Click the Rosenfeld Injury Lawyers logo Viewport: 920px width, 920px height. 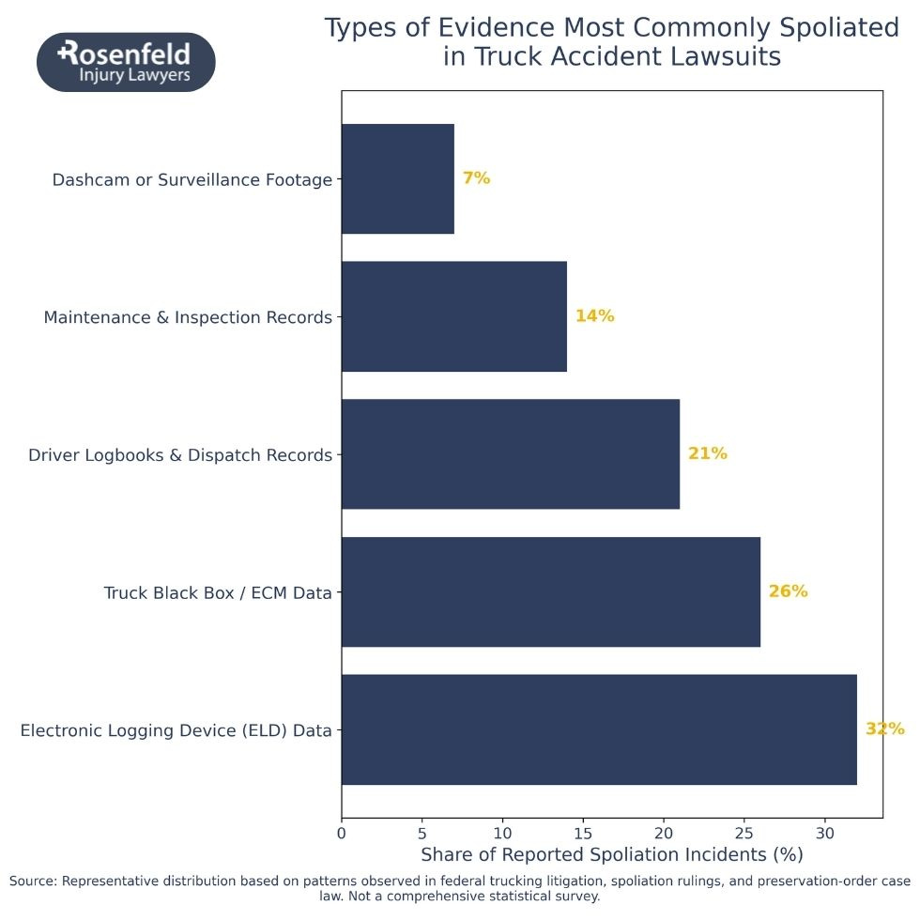pyautogui.click(x=126, y=62)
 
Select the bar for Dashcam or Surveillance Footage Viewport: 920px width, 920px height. pyautogui.click(x=397, y=178)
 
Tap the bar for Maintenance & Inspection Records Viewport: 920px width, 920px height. pyautogui.click(x=453, y=316)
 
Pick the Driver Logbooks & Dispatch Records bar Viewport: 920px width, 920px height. pyautogui.click(x=510, y=454)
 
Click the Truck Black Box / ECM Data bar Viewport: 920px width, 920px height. pyautogui.click(x=550, y=591)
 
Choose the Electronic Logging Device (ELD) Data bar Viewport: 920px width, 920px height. pyautogui.click(x=598, y=729)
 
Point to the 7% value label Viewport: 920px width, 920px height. pyautogui.click(x=476, y=178)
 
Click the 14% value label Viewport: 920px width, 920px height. pyautogui.click(x=594, y=316)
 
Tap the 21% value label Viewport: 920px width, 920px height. pyautogui.click(x=707, y=454)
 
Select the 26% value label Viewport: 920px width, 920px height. pyautogui.click(x=788, y=591)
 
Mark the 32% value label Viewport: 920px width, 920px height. pyautogui.click(x=884, y=729)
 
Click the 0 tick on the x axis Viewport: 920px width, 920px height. pyautogui.click(x=342, y=833)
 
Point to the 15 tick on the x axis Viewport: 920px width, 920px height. pyautogui.click(x=583, y=833)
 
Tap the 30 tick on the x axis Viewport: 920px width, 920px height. pyautogui.click(x=824, y=833)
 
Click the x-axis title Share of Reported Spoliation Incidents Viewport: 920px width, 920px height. pyautogui.click(x=611, y=855)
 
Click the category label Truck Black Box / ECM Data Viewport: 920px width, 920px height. pyautogui.click(x=218, y=592)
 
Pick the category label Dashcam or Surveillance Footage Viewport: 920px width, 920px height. pyautogui.click(x=192, y=179)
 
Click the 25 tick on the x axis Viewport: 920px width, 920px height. pyautogui.click(x=744, y=833)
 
